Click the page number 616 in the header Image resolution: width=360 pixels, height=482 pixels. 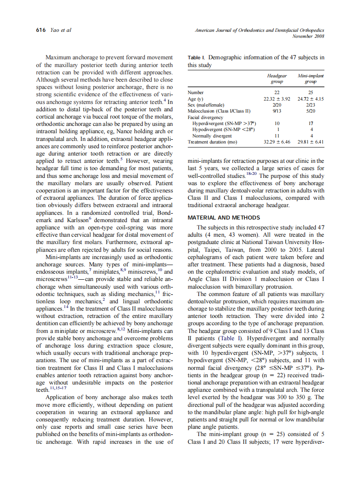point(41,30)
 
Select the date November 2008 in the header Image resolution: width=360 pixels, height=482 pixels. point(308,36)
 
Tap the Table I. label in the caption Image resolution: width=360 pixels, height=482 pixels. point(197,58)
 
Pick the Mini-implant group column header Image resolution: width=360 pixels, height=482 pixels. point(311,78)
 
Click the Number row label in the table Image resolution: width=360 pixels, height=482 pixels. point(196,92)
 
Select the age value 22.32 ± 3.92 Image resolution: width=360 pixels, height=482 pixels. point(277,99)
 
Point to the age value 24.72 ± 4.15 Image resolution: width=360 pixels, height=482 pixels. point(311,99)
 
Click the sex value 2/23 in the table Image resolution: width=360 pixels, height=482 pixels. point(311,105)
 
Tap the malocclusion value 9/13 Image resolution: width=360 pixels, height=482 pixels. point(277,111)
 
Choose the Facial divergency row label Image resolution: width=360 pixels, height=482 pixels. point(205,117)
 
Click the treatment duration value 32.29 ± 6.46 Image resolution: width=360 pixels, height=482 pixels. point(277,142)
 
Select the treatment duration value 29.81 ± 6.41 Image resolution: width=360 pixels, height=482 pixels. point(311,142)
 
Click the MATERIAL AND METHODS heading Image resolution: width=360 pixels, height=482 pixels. point(224,218)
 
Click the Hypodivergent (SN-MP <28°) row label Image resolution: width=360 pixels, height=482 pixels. point(223,129)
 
